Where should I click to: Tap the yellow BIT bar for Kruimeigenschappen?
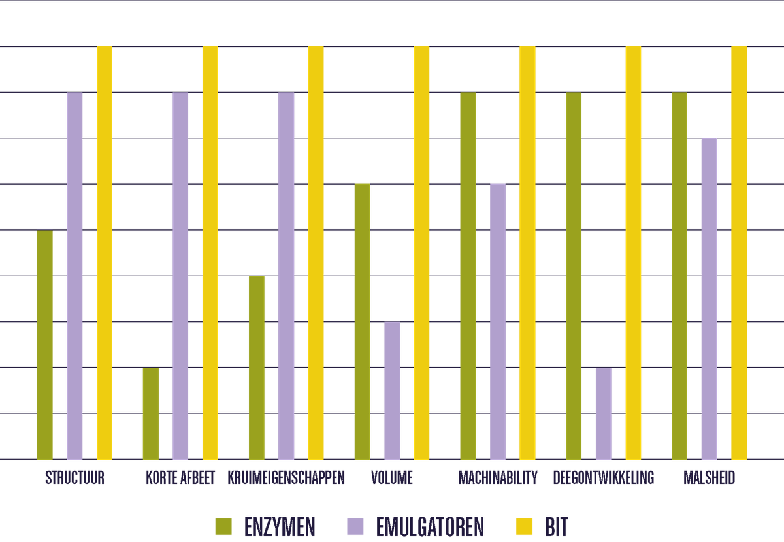click(x=316, y=252)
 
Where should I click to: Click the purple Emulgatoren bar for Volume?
click(x=392, y=390)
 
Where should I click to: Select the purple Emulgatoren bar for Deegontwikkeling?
click(x=604, y=413)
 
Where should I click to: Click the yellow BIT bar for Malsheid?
click(x=739, y=252)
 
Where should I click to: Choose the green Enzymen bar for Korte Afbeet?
click(x=150, y=413)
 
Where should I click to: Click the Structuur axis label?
click(x=74, y=478)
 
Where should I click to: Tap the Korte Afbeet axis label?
click(x=180, y=478)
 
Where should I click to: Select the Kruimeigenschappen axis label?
click(x=286, y=478)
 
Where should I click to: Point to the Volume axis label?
click(x=392, y=478)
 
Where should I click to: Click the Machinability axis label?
click(x=498, y=478)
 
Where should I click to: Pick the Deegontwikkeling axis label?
click(x=604, y=478)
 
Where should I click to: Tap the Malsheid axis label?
click(x=709, y=478)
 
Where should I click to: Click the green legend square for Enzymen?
click(x=223, y=526)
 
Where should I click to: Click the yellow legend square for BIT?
click(x=525, y=526)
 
